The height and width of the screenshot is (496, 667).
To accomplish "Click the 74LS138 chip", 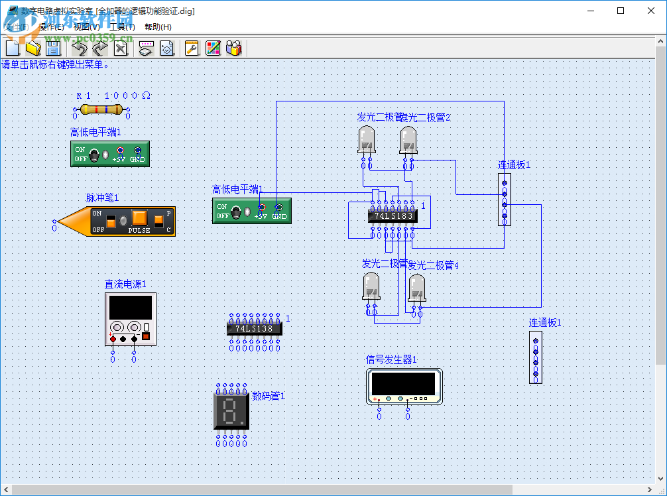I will pos(254,328).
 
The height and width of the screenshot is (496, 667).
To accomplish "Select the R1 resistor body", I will pos(101,110).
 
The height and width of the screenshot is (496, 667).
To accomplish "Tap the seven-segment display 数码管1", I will pos(231,411).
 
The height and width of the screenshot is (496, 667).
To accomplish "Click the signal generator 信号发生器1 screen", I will pos(403,383).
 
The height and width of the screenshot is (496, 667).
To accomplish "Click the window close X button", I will pos(650,11).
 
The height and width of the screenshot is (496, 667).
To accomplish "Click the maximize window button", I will pos(621,11).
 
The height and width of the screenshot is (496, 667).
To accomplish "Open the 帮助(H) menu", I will pos(158,27).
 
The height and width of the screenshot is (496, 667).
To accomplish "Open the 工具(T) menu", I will pos(121,27).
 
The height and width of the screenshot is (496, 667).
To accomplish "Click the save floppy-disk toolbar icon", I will pos(52,48).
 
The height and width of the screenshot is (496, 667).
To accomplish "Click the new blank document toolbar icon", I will pos(13,48).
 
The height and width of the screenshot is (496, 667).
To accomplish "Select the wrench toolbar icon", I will pos(192,48).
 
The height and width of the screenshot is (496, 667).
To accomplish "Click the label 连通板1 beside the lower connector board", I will pos(545,323).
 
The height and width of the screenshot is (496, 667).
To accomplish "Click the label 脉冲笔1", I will pos(102,198).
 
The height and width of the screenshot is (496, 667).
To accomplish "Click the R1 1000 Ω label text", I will pos(113,95).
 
